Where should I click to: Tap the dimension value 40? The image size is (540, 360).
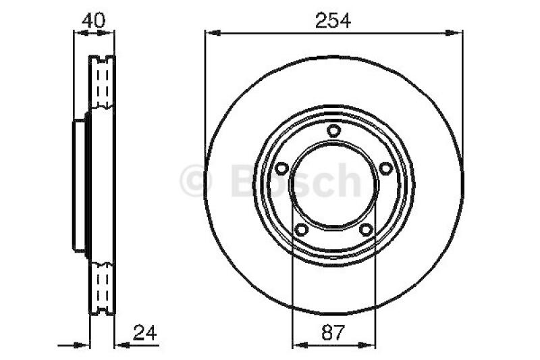click(93, 20)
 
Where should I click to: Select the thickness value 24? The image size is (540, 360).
click(146, 332)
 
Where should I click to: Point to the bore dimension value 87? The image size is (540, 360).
click(333, 332)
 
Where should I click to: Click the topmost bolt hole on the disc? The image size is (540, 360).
click(333, 130)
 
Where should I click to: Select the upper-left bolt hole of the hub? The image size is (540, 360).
click(282, 168)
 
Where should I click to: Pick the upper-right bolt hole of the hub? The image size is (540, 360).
click(385, 168)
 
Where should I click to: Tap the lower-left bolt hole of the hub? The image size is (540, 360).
click(302, 230)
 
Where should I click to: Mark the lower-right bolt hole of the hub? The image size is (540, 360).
click(366, 230)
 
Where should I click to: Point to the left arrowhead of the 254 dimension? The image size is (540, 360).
click(211, 31)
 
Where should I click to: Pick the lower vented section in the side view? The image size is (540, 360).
click(103, 287)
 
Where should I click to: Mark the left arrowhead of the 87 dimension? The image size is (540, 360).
click(296, 344)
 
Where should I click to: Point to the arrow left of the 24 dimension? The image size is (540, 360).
click(84, 344)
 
